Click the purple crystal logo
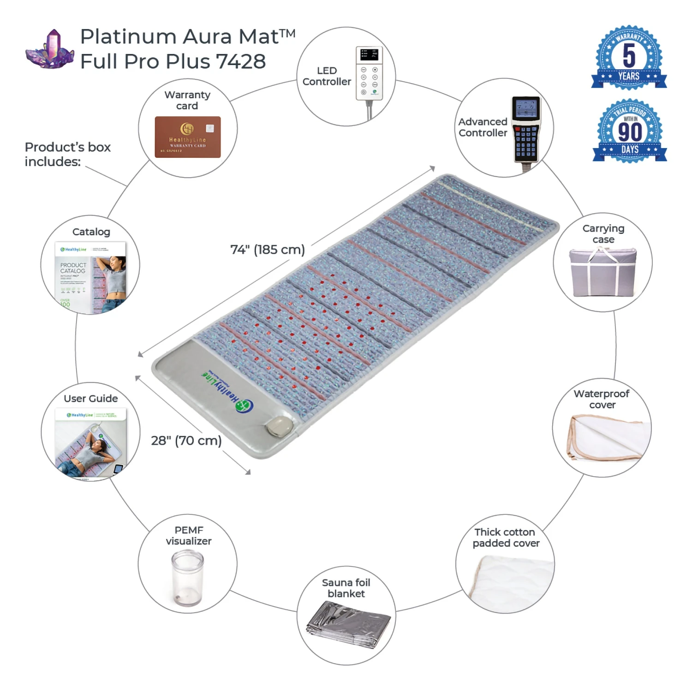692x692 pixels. click(50, 50)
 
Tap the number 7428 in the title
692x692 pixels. click(240, 61)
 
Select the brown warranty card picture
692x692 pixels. click(187, 137)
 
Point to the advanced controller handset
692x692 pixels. click(526, 129)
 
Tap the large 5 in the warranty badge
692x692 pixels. click(629, 55)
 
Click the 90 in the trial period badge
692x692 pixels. click(630, 131)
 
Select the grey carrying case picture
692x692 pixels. click(603, 272)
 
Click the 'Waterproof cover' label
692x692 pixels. click(602, 399)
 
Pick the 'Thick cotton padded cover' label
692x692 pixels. click(506, 537)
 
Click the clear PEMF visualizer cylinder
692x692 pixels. click(187, 579)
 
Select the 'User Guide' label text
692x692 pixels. click(91, 399)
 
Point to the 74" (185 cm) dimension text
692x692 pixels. click(268, 250)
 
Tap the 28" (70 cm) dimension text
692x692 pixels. click(186, 441)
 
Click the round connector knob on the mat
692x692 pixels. click(279, 427)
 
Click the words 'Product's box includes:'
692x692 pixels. click(67, 154)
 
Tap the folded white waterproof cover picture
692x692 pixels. click(604, 438)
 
